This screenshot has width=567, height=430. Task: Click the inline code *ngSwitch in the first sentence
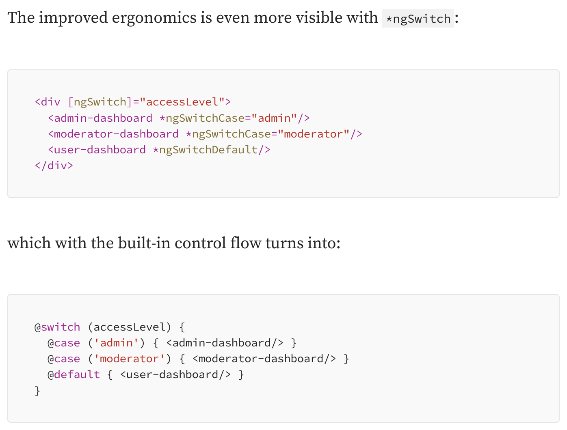(x=418, y=19)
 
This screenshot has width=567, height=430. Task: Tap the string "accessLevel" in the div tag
(x=182, y=102)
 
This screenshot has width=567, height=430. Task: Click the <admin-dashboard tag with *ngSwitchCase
(x=100, y=118)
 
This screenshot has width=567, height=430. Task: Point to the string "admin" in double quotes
(x=274, y=118)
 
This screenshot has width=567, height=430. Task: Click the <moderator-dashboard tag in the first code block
(x=113, y=134)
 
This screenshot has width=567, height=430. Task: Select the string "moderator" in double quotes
(x=314, y=134)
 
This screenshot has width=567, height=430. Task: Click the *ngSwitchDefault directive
(x=208, y=150)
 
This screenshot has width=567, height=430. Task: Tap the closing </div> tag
(x=54, y=166)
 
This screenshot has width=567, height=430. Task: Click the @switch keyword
(x=57, y=327)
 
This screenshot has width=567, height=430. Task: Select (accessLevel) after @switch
(x=130, y=327)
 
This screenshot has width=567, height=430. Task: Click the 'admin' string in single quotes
(x=117, y=343)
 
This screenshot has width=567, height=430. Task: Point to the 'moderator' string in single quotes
(x=130, y=359)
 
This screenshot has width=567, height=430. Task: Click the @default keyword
(x=74, y=374)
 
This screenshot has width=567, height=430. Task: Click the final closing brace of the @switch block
(x=38, y=391)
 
